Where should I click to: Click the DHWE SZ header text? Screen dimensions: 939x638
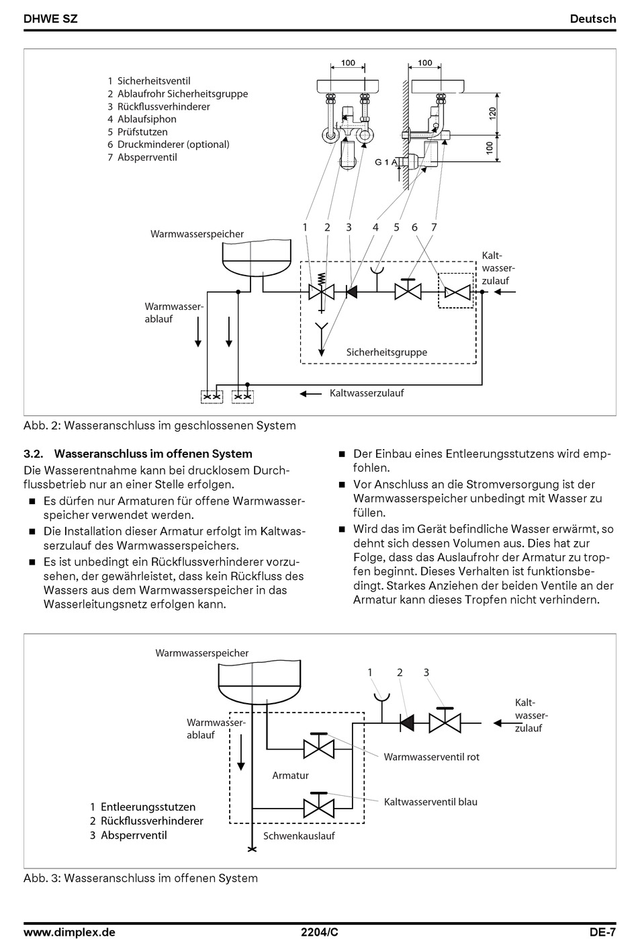50,19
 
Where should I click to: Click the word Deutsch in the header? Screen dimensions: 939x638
592,19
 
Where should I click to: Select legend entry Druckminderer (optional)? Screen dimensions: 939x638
173,145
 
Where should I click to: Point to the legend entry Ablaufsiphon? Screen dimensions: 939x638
146,119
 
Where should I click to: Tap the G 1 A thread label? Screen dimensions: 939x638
386,162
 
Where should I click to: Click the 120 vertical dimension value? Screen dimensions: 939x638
492,114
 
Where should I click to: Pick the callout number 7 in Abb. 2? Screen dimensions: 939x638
434,227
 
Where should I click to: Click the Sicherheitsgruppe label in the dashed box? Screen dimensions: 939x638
386,352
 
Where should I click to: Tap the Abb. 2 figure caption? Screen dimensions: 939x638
160,425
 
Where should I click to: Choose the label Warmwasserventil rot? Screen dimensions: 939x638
431,757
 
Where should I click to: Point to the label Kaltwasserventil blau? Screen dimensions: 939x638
430,802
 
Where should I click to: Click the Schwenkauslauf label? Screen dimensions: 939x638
299,836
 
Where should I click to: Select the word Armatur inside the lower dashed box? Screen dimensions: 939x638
290,776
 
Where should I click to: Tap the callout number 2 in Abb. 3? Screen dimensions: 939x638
400,672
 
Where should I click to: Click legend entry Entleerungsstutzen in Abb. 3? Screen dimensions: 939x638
148,807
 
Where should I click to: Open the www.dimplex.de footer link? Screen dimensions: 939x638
69,932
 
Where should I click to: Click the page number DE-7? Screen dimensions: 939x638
602,932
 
